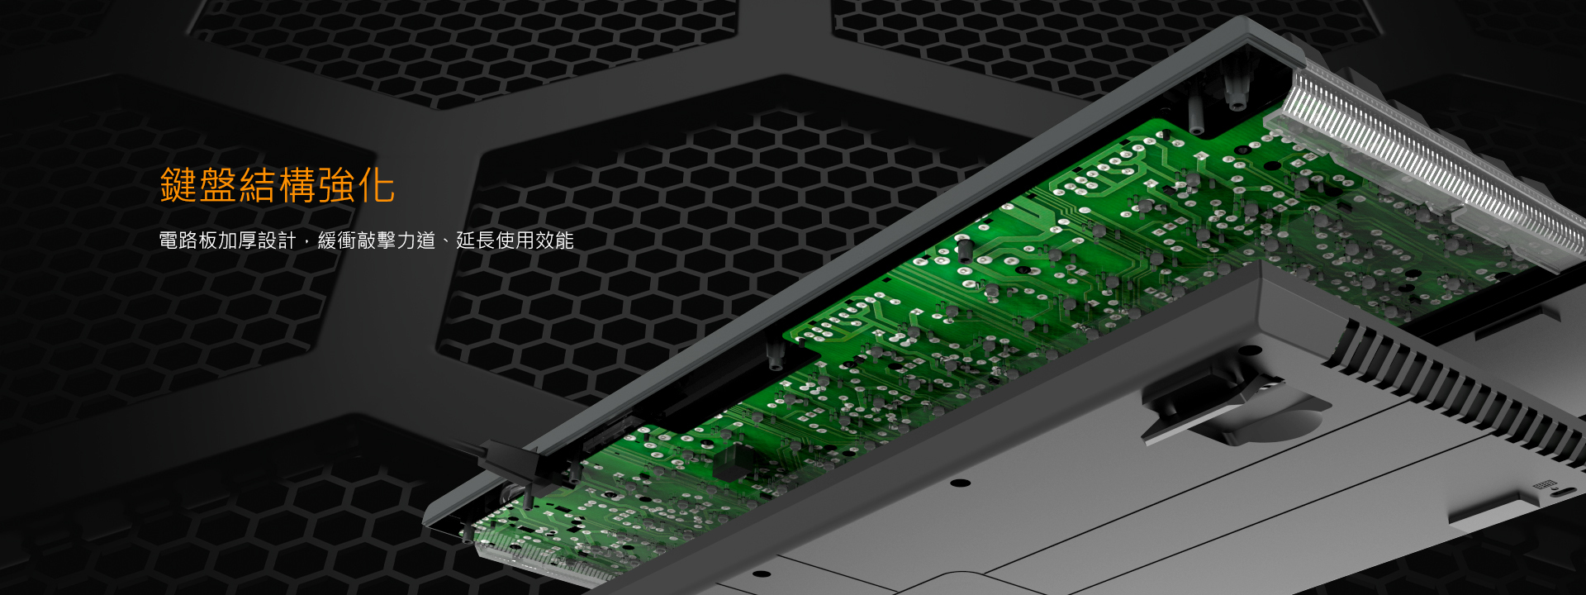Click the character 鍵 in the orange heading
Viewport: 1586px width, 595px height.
click(x=178, y=185)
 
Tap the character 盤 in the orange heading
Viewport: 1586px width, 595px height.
click(x=218, y=185)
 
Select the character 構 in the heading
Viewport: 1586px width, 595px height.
click(x=297, y=185)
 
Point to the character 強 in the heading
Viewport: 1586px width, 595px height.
click(x=337, y=185)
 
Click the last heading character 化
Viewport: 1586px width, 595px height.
click(x=377, y=185)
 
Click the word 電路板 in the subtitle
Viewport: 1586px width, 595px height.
click(x=188, y=240)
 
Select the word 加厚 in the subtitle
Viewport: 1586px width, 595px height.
click(x=238, y=240)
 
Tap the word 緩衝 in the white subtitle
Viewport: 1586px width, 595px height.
click(x=337, y=240)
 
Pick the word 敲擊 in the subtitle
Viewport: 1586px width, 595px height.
click(x=377, y=240)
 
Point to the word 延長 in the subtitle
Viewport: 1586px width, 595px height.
click(x=476, y=240)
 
